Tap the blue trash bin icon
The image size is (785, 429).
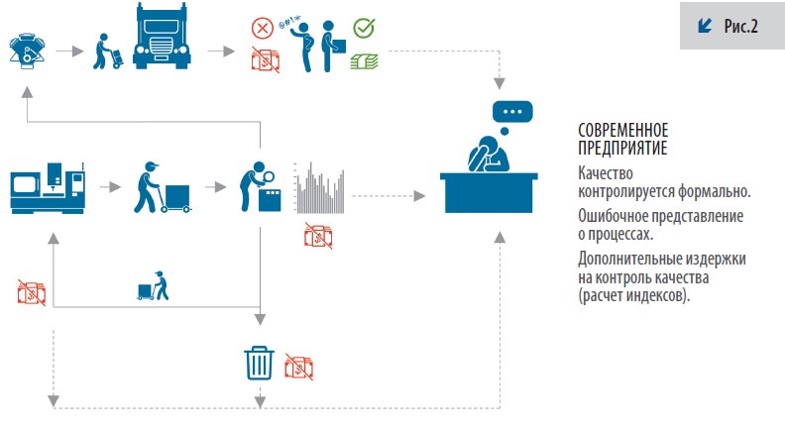tap(259, 363)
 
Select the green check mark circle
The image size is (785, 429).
tap(363, 29)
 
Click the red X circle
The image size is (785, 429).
tap(263, 29)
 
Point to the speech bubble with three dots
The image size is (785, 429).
tap(511, 110)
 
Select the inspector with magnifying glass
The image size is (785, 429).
tap(259, 186)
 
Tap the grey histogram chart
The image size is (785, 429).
tap(321, 188)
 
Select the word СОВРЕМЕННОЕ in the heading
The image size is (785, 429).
tap(622, 131)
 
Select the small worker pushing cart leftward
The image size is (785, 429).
tap(154, 286)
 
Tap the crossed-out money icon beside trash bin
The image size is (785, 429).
tap(300, 367)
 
